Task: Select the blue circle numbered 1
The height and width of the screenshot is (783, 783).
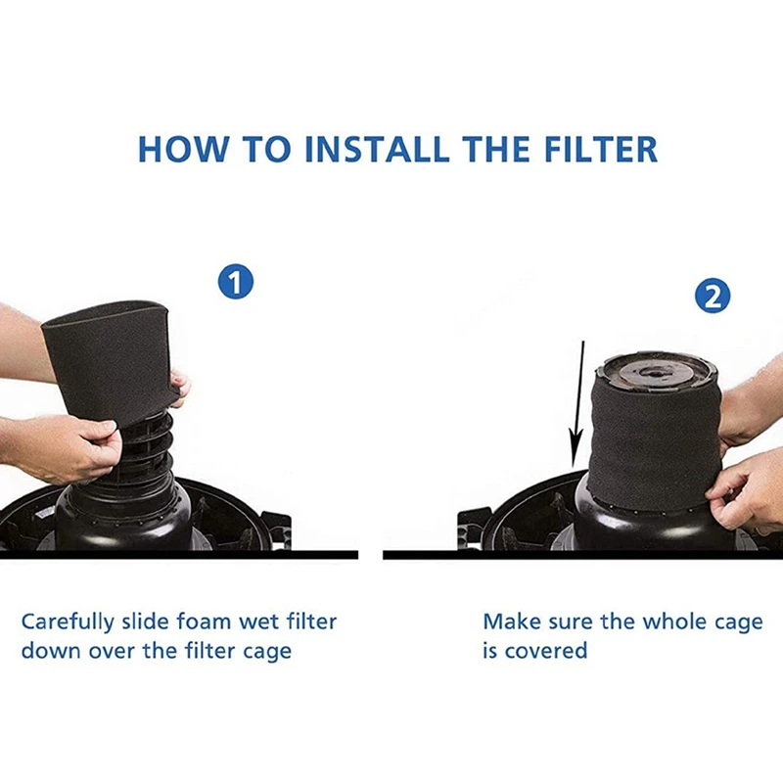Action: coord(235,284)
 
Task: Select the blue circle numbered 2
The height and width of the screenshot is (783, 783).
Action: coord(713,297)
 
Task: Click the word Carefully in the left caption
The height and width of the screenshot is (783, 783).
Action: coord(67,622)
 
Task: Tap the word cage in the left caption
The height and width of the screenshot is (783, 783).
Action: coord(265,651)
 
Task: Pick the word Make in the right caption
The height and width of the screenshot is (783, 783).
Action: coord(509,622)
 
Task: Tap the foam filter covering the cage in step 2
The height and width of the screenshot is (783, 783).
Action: coord(653,440)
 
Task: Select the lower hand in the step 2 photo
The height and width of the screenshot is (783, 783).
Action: coord(749,489)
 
